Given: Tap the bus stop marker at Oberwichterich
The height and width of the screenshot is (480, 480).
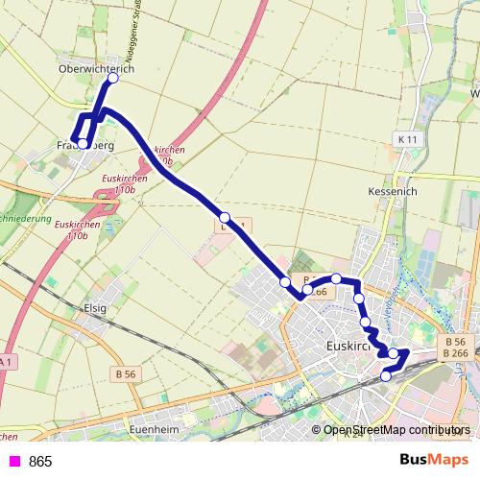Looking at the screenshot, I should click(112, 79).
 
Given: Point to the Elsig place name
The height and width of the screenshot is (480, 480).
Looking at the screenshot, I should click(97, 309).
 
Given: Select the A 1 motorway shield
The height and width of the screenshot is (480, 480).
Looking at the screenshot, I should click(6, 361).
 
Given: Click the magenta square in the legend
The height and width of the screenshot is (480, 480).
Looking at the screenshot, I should click(13, 462).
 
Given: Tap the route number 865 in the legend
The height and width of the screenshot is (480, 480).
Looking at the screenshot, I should click(40, 462).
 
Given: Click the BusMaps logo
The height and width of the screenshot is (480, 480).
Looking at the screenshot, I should click(434, 461).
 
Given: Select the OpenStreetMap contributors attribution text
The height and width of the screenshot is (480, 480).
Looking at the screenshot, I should click(396, 431).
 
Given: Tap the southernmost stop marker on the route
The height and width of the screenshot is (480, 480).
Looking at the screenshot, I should click(386, 376).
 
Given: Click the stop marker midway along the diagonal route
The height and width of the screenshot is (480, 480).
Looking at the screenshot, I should click(224, 217).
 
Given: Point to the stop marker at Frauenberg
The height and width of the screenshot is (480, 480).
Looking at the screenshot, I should click(84, 144).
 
